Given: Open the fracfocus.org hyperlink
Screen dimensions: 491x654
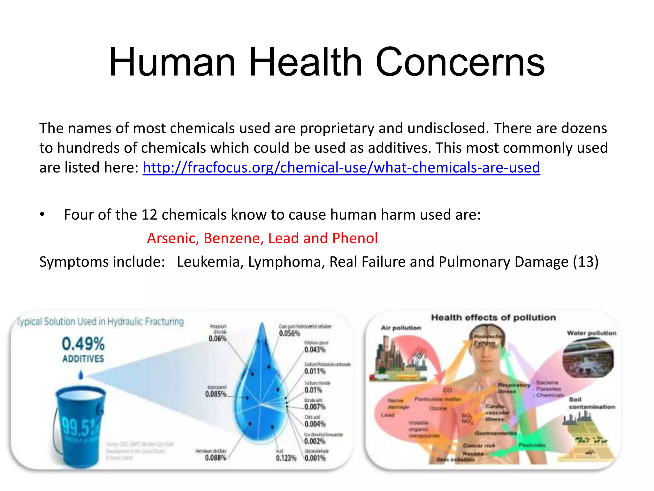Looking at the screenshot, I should pyautogui.click(x=341, y=168).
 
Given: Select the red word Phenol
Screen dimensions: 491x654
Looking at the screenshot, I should pyautogui.click(x=355, y=238).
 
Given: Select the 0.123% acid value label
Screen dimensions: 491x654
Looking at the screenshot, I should pyautogui.click(x=286, y=458).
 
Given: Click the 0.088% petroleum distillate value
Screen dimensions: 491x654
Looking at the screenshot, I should pyautogui.click(x=216, y=458).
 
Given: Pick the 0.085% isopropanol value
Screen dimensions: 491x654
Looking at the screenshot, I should pyautogui.click(x=216, y=394).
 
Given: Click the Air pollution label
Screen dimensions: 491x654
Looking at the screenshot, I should pyautogui.click(x=401, y=328).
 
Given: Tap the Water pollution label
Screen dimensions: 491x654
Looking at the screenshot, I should pyautogui.click(x=591, y=333).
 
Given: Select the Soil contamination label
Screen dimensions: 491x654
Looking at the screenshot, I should pyautogui.click(x=591, y=403).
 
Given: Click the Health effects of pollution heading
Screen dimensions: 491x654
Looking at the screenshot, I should pyautogui.click(x=493, y=318).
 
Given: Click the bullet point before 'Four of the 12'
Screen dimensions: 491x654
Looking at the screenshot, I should pyautogui.click(x=42, y=214).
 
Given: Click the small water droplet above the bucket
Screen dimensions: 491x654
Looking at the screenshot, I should pyautogui.click(x=81, y=374).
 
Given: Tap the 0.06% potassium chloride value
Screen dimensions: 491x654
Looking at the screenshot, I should pyautogui.click(x=217, y=339).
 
